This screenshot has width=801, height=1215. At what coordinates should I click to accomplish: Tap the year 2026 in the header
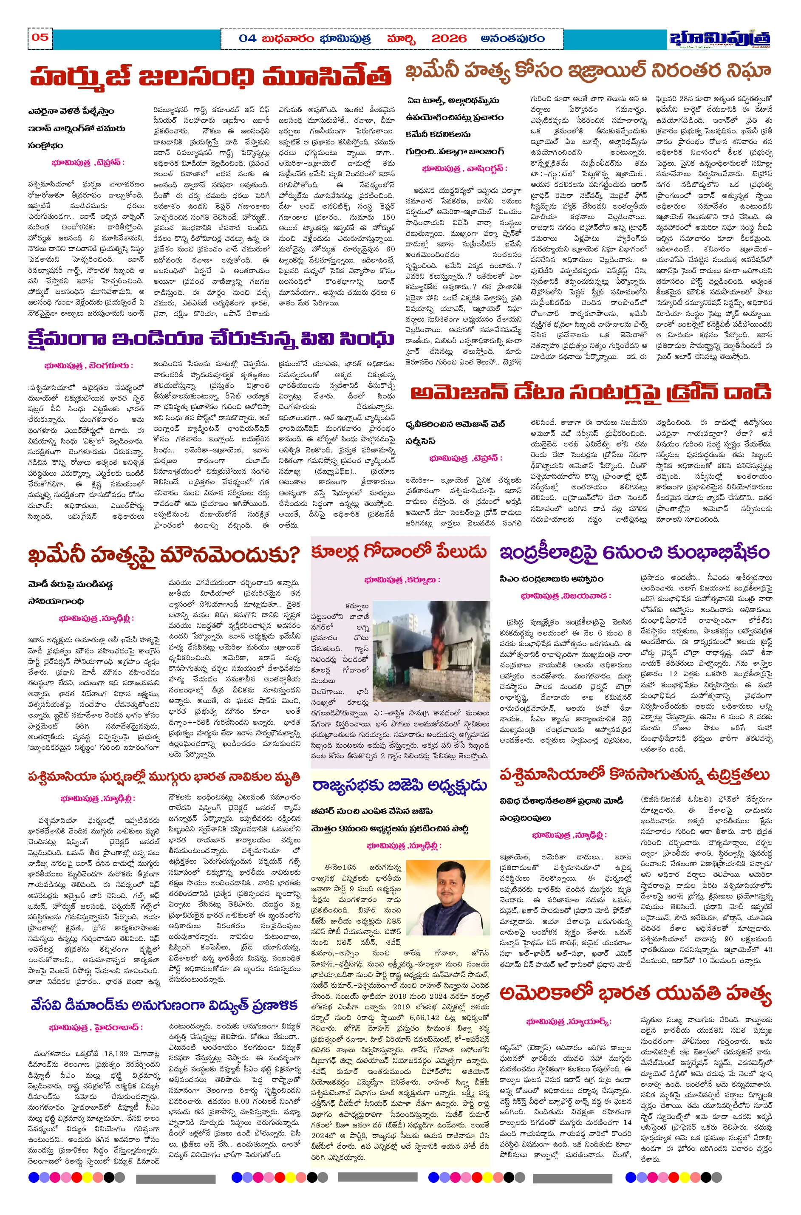(x=449, y=39)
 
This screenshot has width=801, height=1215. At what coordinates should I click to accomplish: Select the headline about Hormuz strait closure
(x=210, y=77)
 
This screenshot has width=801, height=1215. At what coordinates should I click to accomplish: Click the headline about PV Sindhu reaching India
(x=210, y=339)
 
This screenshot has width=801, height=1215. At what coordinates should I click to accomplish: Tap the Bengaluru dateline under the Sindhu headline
(x=88, y=366)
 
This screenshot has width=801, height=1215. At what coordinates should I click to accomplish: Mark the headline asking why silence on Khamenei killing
(x=164, y=555)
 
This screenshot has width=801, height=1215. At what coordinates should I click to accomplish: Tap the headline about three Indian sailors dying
(x=164, y=777)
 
